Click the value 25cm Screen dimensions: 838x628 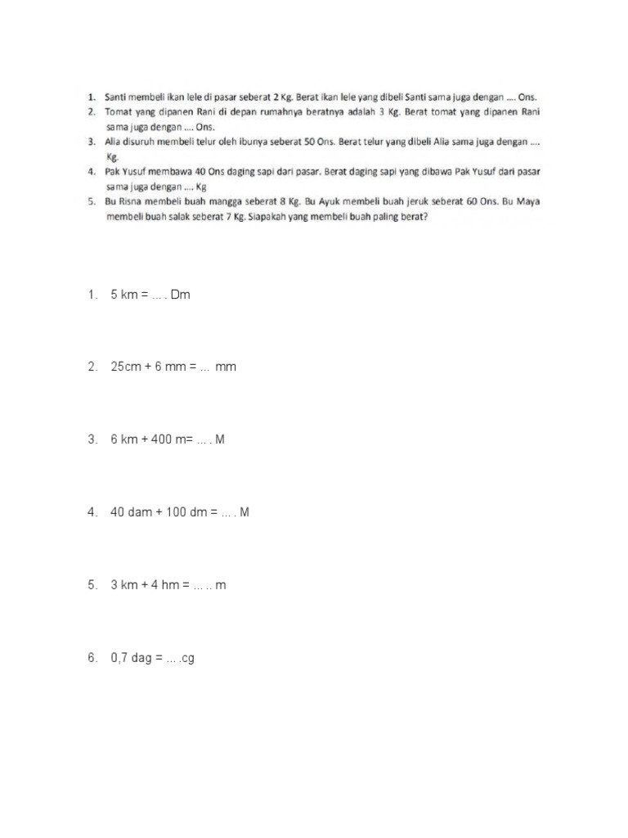[125, 367]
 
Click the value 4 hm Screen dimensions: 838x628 [170, 585]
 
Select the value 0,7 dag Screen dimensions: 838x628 [132, 658]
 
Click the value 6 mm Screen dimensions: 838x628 [169, 367]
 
